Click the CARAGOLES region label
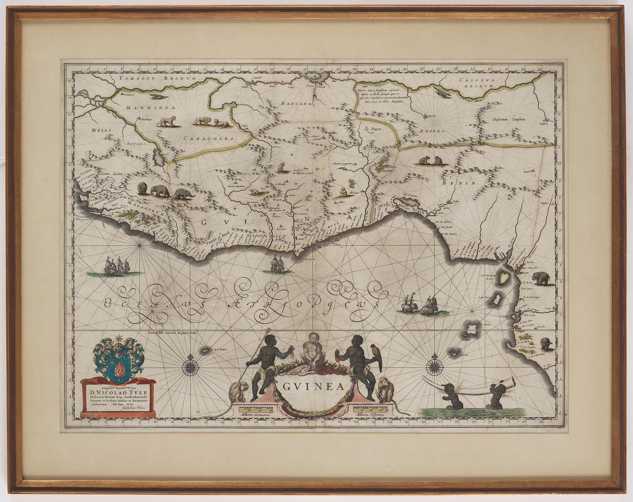tap(210, 138)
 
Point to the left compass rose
tap(190, 367)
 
